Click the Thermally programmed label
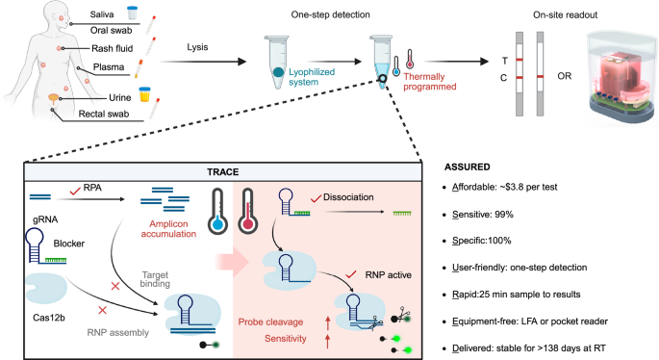[429, 89]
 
